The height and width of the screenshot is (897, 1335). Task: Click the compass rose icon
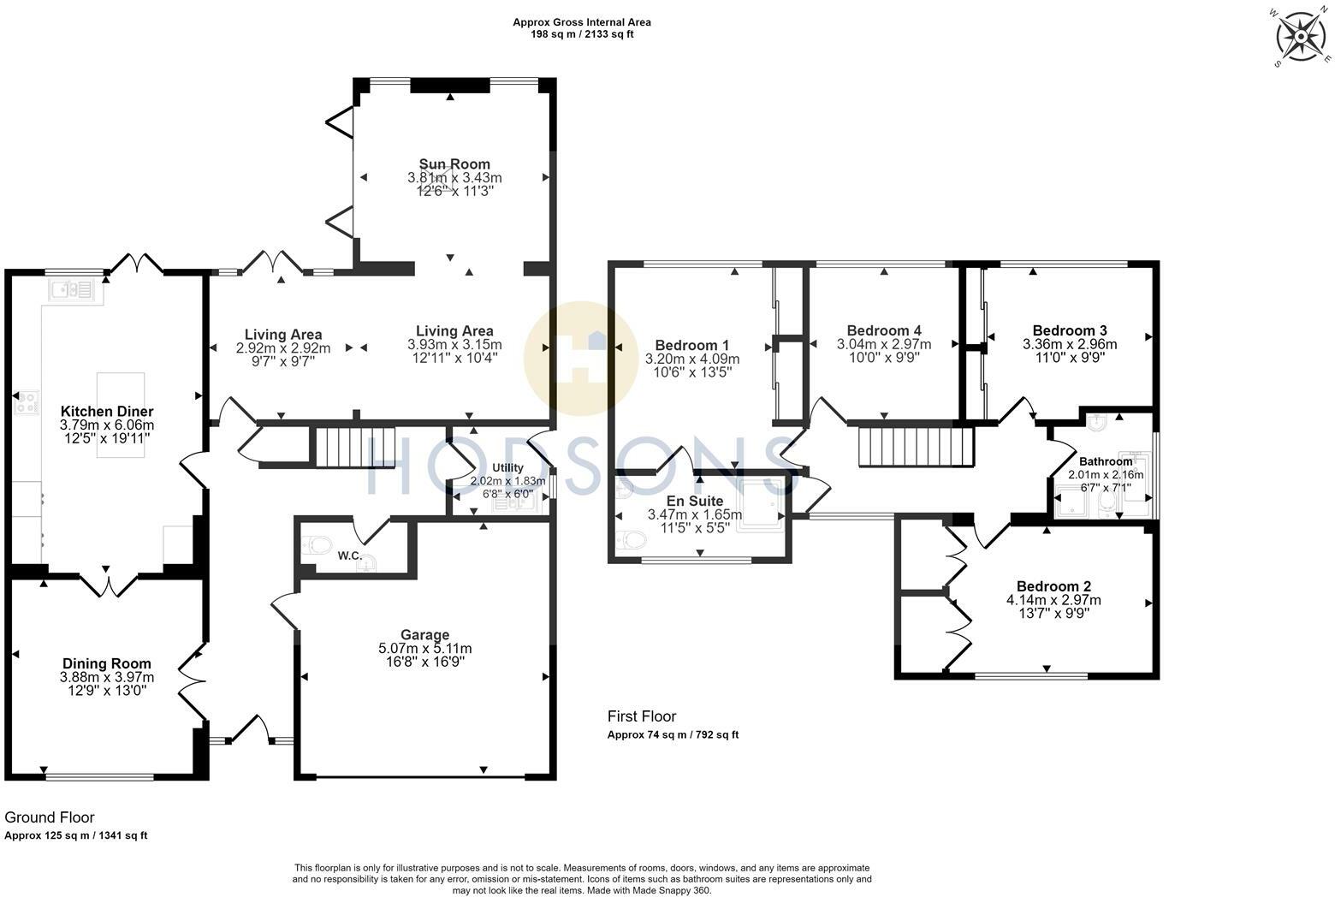coord(1301,37)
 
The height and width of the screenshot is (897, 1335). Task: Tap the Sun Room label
coord(454,163)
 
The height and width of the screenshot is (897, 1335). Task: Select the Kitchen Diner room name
coord(107,411)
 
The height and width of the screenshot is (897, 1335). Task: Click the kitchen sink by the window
coord(72,290)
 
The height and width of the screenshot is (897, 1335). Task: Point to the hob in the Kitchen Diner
coord(27,402)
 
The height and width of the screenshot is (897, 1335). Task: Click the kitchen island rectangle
coord(121,415)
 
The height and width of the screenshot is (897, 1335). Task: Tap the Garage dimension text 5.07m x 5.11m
coord(425,649)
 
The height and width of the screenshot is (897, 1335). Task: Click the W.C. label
coord(350,555)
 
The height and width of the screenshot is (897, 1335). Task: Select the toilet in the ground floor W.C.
coord(317,544)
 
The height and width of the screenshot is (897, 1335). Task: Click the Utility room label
coord(507,468)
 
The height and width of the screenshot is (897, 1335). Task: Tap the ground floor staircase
coord(355,447)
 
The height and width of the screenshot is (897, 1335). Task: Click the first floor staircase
coord(916,447)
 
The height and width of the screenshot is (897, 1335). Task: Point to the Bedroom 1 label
coord(692,345)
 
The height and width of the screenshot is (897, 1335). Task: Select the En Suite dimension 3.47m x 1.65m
coord(695,514)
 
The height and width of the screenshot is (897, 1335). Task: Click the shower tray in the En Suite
coord(760,506)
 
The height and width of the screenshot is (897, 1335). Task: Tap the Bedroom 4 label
coord(885,330)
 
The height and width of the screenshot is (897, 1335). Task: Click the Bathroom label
coord(1107,461)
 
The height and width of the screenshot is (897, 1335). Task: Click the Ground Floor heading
coord(50,817)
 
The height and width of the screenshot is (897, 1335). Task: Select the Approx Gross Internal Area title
coord(582,22)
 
